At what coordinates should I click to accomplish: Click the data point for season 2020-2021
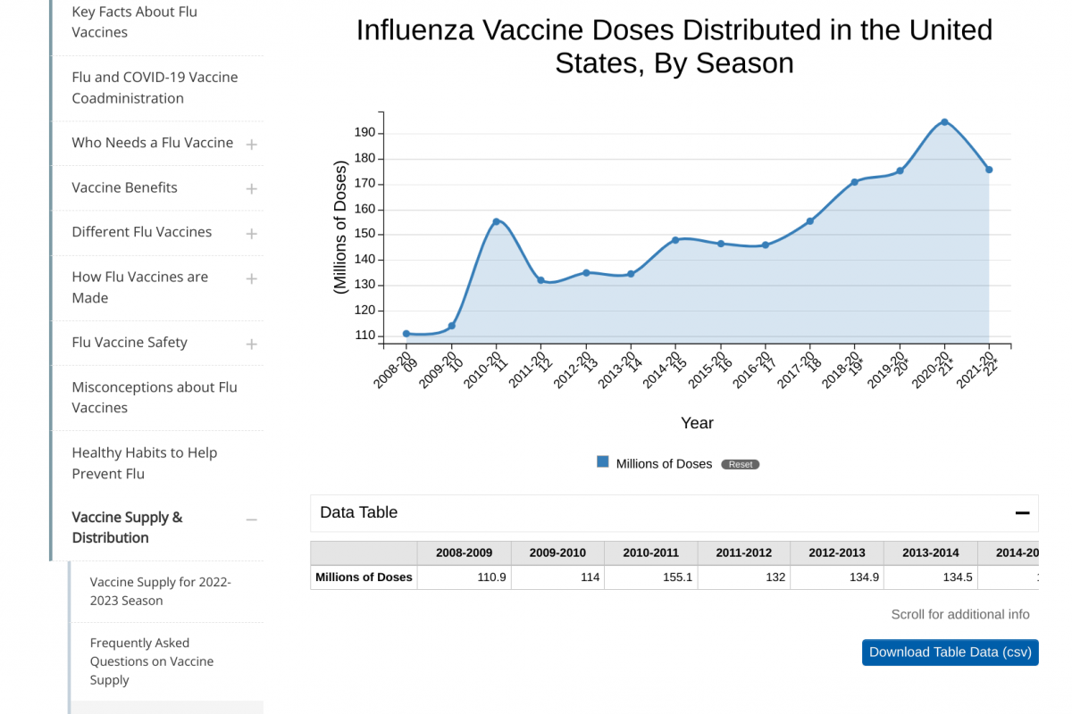point(944,122)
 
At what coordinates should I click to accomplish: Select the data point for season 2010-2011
point(496,222)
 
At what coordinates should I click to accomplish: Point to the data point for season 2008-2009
point(406,334)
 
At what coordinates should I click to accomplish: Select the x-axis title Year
point(697,423)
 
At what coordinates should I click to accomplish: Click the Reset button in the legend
point(741,464)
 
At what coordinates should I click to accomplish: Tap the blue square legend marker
point(603,462)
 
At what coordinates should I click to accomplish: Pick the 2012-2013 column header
point(837,552)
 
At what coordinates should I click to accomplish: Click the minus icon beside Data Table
point(1023,513)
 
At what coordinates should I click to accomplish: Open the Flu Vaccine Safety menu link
point(130,343)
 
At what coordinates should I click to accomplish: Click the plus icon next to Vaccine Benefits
point(252,189)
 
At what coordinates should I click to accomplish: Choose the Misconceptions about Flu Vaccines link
point(154,397)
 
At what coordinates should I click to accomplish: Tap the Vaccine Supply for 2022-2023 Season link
point(161,591)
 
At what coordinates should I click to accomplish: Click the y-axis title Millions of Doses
point(339,228)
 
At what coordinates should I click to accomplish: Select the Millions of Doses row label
point(364,577)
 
